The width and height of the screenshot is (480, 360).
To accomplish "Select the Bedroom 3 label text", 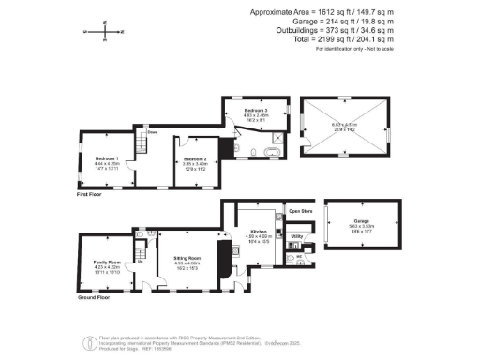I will (x=243, y=112).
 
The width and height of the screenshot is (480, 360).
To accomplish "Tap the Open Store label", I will (x=300, y=211).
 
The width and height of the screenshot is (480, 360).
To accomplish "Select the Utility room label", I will (x=296, y=237).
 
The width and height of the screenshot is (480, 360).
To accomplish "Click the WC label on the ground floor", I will (x=300, y=257).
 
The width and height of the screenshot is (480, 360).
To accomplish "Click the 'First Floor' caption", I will (x=90, y=194).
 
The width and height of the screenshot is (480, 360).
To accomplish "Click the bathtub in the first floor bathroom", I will (x=273, y=150).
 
